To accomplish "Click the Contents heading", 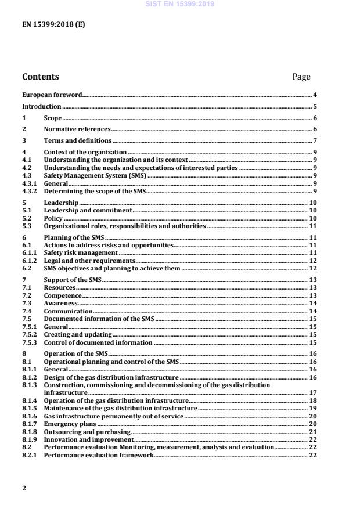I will [x=40, y=77].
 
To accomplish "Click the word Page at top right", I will [x=301, y=77].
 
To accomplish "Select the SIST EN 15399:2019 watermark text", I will [x=179, y=3].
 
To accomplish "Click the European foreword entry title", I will [x=52, y=94].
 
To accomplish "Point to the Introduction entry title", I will [x=41, y=106].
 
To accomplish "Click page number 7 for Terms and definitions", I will [x=315, y=141].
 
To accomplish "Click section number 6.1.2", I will [x=30, y=261].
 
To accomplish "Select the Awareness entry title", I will [x=60, y=304].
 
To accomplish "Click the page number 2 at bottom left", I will [x=24, y=488].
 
